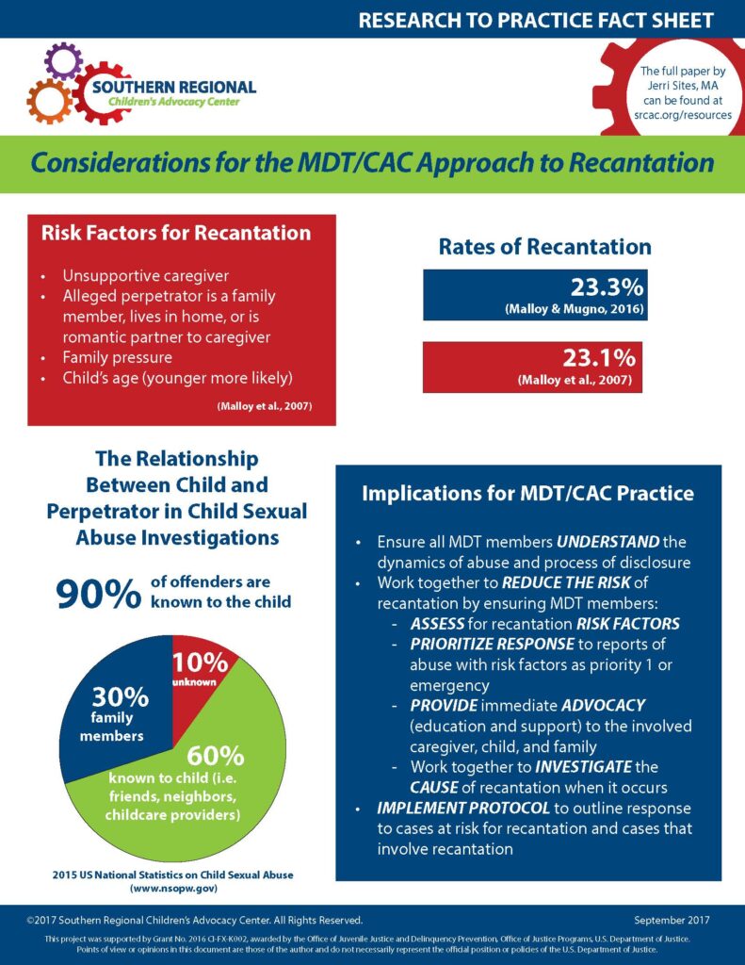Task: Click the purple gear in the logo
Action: [63, 61]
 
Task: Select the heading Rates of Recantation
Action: [544, 247]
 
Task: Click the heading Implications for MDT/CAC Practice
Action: [528, 494]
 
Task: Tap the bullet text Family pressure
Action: [117, 359]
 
